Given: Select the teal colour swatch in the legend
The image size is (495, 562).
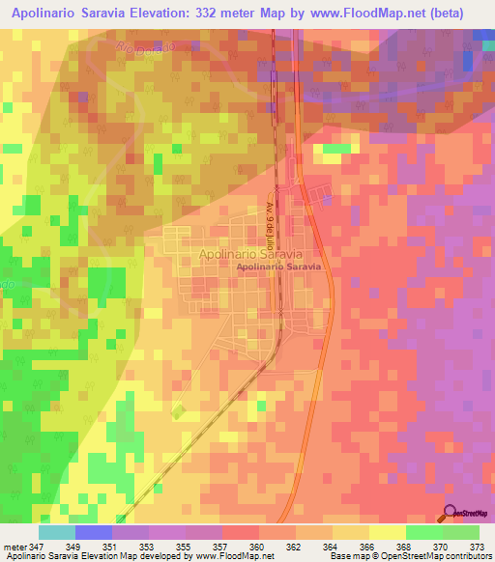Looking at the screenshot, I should [57, 532].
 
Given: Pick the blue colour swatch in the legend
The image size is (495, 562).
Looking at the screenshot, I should [94, 532].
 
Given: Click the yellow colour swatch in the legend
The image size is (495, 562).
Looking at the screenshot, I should [388, 532].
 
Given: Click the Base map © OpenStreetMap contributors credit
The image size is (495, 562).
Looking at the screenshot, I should [409, 556].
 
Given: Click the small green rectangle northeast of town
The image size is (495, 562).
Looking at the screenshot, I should [335, 149].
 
